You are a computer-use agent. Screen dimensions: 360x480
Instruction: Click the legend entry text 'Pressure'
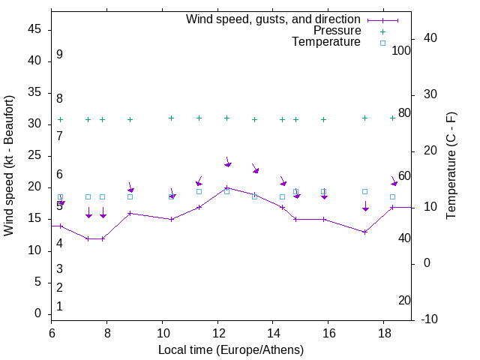coord(338,31)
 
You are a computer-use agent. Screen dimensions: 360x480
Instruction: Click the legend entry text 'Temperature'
coord(326,42)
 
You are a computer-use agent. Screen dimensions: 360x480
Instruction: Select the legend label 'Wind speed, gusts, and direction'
coord(274,19)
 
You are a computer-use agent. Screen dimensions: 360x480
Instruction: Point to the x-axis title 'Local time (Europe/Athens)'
coord(231,350)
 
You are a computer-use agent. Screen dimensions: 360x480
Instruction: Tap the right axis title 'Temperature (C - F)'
coord(451,165)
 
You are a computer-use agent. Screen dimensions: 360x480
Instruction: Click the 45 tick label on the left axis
coord(34,29)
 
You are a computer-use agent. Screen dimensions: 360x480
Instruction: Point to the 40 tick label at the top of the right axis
coord(431,38)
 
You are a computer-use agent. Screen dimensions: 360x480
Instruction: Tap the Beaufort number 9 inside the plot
coord(59,55)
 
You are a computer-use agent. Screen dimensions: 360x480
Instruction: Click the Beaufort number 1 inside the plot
coord(59,307)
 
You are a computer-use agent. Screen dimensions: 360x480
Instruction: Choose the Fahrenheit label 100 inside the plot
coord(401,50)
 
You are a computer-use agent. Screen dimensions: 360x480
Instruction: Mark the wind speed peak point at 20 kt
coord(227,187)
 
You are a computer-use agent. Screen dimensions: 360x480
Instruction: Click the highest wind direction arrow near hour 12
coord(227,163)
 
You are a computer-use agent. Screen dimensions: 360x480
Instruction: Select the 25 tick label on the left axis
coord(34,156)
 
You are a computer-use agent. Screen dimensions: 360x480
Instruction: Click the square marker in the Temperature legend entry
coord(382,43)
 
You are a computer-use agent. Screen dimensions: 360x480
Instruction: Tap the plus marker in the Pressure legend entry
coord(382,31)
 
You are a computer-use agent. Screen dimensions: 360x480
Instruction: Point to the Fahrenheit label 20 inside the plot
coord(404,301)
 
